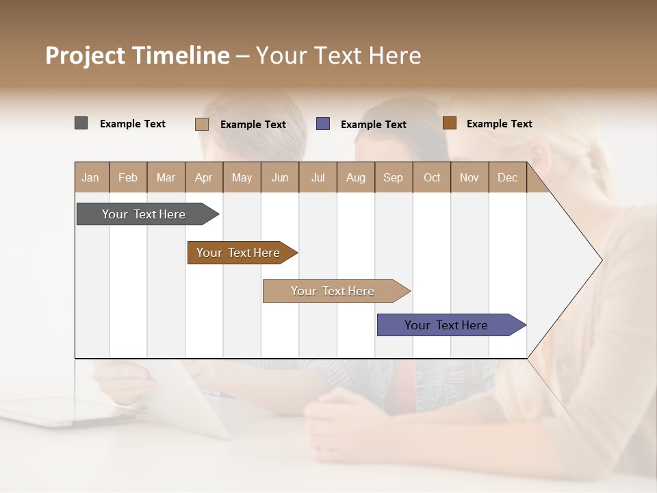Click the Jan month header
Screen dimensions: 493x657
point(90,178)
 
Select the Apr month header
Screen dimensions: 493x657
point(203,178)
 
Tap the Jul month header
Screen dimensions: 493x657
point(318,178)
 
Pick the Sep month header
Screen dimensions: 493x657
point(393,178)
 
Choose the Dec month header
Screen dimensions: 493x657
point(507,178)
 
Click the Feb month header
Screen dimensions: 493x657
point(128,178)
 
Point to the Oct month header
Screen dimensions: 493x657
point(432,178)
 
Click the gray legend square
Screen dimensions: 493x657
point(81,123)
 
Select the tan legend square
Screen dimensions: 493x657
point(201,124)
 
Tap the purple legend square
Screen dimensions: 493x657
point(323,124)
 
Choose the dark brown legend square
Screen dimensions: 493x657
point(450,123)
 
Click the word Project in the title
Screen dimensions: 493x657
point(86,55)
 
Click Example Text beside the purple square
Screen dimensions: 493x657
point(373,125)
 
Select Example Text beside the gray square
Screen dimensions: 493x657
point(133,124)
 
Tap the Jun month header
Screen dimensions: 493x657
point(280,178)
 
